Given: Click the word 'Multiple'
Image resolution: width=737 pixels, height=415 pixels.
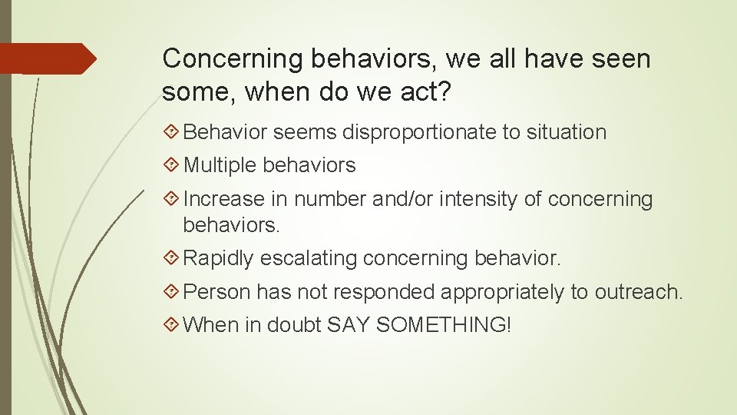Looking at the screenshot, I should (220, 165).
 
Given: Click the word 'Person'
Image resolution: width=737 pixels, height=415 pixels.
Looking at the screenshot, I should (218, 292).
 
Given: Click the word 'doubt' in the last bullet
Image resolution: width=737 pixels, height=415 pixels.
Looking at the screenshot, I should (294, 325).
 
